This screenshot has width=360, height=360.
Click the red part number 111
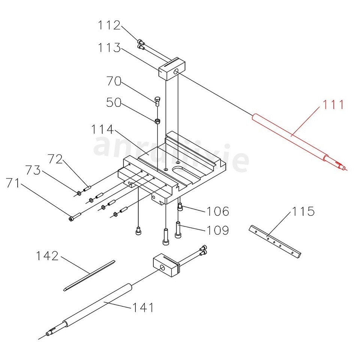click(x=331, y=105)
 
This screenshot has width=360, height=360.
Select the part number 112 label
click(x=109, y=25)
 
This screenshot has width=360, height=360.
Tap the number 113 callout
click(x=109, y=48)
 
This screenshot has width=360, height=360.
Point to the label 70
click(x=114, y=81)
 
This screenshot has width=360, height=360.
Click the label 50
click(x=114, y=102)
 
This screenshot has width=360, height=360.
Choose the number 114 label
click(x=102, y=129)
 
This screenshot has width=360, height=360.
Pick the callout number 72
click(x=55, y=159)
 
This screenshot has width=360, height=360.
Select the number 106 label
click(x=217, y=211)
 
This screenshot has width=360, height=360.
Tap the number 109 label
click(x=217, y=230)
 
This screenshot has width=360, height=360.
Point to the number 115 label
click(x=303, y=211)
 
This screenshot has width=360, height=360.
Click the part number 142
click(x=47, y=256)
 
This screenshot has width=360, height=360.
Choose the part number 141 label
click(x=142, y=308)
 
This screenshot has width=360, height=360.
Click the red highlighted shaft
click(x=292, y=137)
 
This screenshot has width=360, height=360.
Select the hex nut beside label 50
click(x=158, y=121)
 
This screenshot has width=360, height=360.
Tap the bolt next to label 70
click(x=157, y=100)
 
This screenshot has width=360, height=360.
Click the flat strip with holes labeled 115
click(x=275, y=242)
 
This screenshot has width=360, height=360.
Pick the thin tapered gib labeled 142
click(x=89, y=274)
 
